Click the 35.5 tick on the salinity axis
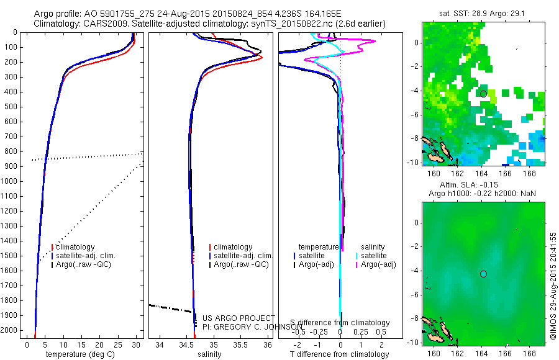click(240, 344)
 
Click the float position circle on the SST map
click(483, 94)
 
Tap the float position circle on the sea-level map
click(483, 274)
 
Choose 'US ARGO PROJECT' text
click(232, 318)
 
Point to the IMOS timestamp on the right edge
click(553, 286)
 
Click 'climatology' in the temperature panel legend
click(75, 247)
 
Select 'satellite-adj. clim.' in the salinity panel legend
click(243, 256)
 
